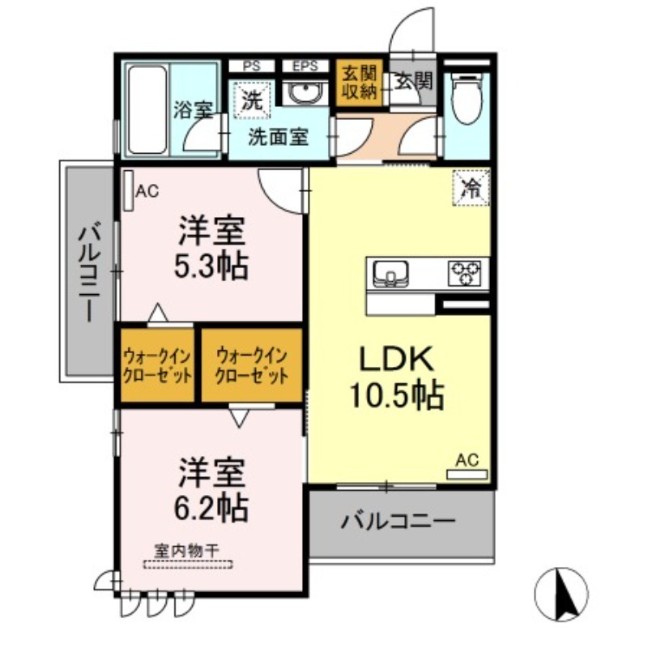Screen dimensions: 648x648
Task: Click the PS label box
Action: click(x=252, y=66)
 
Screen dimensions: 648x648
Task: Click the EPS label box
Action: click(x=305, y=66)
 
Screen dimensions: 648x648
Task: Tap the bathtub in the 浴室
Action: click(x=147, y=109)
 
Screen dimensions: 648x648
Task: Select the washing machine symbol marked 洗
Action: click(x=252, y=98)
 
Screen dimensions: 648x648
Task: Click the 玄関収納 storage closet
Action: click(x=359, y=83)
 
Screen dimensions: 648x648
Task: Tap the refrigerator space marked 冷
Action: click(x=471, y=188)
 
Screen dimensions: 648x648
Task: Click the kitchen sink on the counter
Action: click(x=391, y=273)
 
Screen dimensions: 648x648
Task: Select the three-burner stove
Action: click(x=464, y=273)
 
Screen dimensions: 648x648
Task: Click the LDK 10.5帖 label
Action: click(x=397, y=377)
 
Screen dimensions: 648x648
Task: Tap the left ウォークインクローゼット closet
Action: click(x=157, y=365)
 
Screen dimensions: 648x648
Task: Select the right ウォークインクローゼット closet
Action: click(x=252, y=365)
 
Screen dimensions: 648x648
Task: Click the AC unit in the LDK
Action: click(x=467, y=475)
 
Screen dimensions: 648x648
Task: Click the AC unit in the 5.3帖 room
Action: click(x=129, y=191)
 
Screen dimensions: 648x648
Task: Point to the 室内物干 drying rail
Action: click(x=188, y=564)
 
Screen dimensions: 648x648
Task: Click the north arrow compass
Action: click(x=561, y=595)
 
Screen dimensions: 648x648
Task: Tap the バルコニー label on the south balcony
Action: click(x=398, y=521)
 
